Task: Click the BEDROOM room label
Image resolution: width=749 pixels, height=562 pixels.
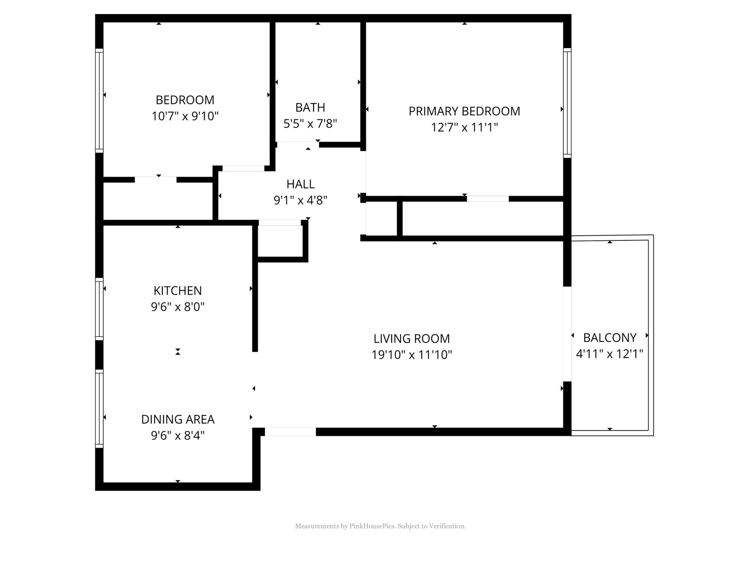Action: pos(185,100)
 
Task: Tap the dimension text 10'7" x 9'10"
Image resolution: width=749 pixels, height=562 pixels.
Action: pos(185,116)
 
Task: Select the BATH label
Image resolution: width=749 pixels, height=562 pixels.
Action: pos(310,107)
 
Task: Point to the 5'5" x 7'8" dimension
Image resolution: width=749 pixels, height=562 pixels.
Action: pos(310,123)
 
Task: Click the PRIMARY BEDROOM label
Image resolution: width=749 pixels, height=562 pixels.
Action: pos(464,111)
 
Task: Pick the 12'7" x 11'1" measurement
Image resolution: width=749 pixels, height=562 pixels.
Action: pos(464,127)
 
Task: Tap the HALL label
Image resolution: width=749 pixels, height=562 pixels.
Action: pos(300,184)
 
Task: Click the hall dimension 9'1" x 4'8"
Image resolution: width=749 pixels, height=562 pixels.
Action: pos(300,200)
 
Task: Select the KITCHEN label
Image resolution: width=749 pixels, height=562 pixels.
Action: pos(177,291)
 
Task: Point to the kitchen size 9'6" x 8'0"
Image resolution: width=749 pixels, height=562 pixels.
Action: pos(177,307)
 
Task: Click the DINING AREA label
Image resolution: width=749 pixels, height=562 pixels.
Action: pos(177,419)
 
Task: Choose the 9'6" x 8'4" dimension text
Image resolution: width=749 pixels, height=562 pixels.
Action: pos(177,435)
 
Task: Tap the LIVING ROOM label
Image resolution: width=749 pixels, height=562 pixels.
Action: pos(412,338)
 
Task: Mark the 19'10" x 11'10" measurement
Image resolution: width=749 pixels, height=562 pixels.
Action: pos(412,355)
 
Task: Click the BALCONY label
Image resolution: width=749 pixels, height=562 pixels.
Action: pos(610,338)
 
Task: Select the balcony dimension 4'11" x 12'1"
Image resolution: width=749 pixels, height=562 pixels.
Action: pos(610,354)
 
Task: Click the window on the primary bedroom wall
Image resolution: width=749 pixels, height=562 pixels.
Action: pos(567,103)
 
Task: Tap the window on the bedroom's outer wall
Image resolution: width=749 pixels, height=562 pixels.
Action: pos(99,101)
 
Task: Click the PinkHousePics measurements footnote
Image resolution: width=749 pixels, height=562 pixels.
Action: pos(380,526)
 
